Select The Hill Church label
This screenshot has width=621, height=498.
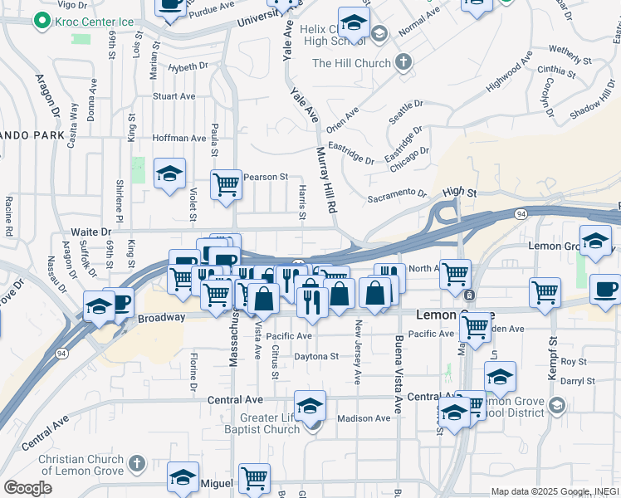tap(352, 62)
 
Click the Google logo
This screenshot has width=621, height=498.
tap(27, 488)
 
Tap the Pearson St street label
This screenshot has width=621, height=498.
tap(265, 177)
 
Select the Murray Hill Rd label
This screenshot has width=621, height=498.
tap(326, 179)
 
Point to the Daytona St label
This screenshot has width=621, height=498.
tap(316, 356)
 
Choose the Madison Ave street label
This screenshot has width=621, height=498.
tap(364, 418)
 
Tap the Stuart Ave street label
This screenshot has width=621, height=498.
tap(174, 96)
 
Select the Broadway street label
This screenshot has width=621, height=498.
tap(161, 318)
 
